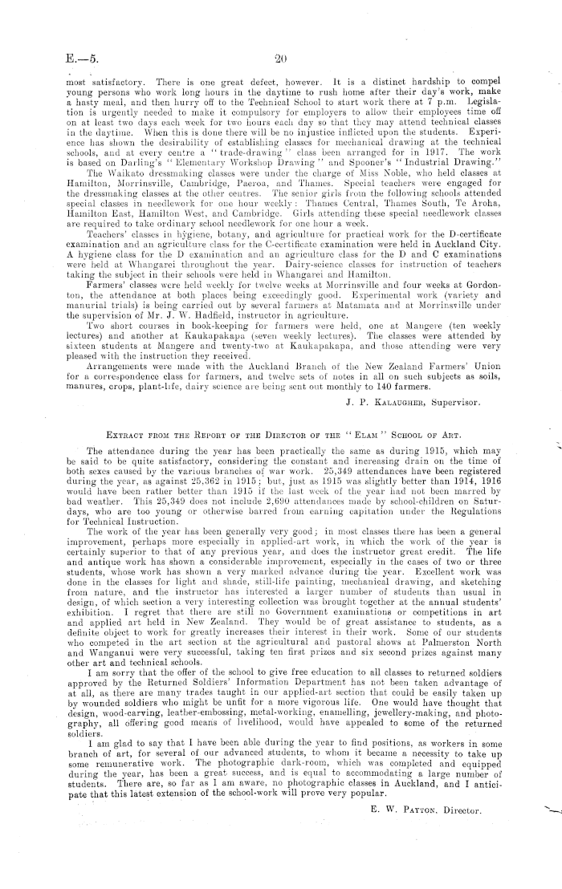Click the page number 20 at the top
point(280,57)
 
